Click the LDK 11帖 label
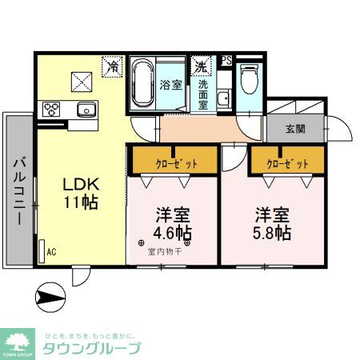(x=81, y=191)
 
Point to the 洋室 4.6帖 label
(x=172, y=224)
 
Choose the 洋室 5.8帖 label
(x=273, y=224)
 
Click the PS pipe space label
(x=226, y=61)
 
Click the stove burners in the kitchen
(x=54, y=109)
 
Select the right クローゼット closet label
(x=286, y=162)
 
